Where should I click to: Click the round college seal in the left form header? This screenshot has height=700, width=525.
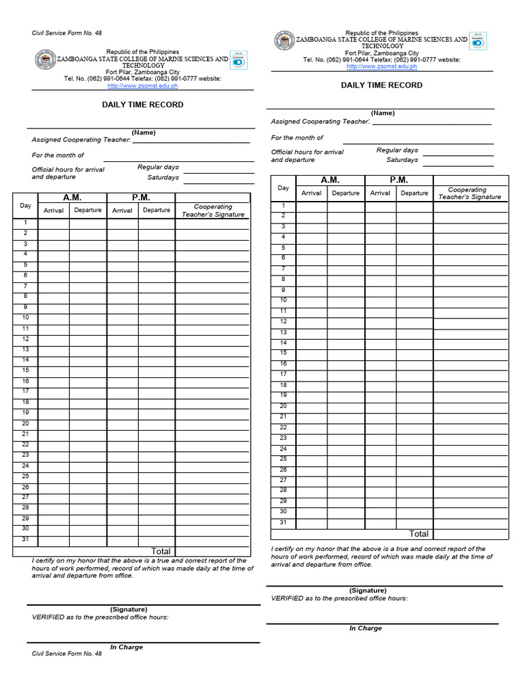pyautogui.click(x=45, y=59)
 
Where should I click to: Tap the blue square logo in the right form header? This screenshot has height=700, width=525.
pyautogui.click(x=479, y=42)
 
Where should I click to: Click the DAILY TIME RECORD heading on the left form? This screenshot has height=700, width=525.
pyautogui.click(x=143, y=105)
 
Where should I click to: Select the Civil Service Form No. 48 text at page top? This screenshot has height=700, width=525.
pyautogui.click(x=67, y=33)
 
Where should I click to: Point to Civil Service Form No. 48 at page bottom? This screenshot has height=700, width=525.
pyautogui.click(x=67, y=654)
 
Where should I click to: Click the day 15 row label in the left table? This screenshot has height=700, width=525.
pyautogui.click(x=25, y=370)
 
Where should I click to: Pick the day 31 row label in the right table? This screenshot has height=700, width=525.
pyautogui.click(x=283, y=523)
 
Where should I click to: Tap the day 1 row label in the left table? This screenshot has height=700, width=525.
pyautogui.click(x=25, y=222)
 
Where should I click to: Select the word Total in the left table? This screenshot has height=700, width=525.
pyautogui.click(x=161, y=551)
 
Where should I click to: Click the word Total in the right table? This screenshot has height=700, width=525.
pyautogui.click(x=419, y=533)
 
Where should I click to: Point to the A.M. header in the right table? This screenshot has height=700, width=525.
pyautogui.click(x=330, y=180)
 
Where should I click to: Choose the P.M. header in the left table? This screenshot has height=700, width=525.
pyautogui.click(x=141, y=197)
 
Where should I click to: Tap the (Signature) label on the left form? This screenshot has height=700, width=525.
pyautogui.click(x=129, y=609)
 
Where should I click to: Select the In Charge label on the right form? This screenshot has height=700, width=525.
pyautogui.click(x=366, y=628)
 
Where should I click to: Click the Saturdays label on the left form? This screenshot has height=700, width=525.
pyautogui.click(x=163, y=177)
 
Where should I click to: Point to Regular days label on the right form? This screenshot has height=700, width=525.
pyautogui.click(x=397, y=150)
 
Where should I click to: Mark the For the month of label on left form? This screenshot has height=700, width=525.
pyautogui.click(x=58, y=155)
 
